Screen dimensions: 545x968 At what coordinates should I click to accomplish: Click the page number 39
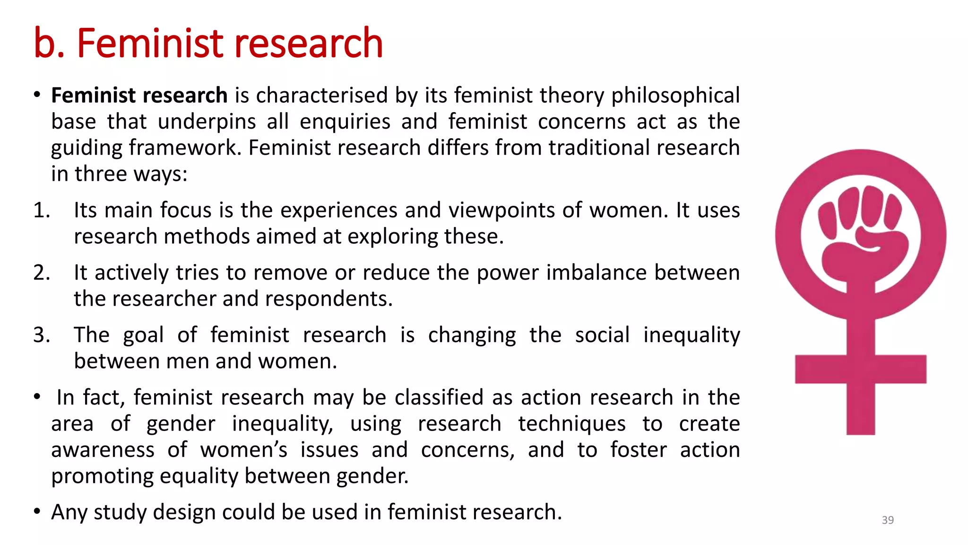click(x=888, y=520)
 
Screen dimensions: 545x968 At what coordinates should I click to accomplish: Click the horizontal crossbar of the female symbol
click(x=860, y=369)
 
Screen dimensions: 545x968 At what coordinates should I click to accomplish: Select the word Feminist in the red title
click(x=150, y=44)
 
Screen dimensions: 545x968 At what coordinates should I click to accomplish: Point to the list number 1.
click(x=42, y=211)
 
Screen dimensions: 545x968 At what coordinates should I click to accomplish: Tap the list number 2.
click(x=42, y=273)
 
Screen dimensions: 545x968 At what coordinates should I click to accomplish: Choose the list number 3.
click(x=42, y=335)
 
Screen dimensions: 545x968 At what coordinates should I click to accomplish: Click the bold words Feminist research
click(x=139, y=96)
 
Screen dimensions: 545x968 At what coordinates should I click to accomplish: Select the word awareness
click(x=103, y=450)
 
